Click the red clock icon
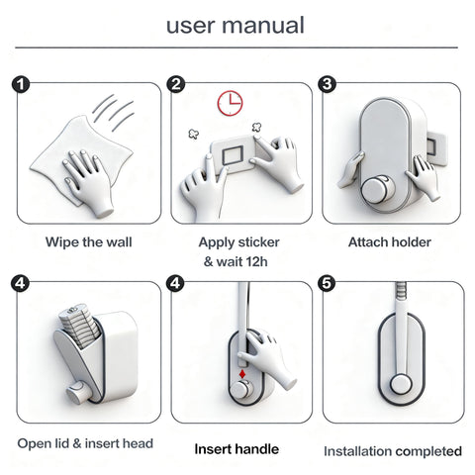[x=230, y=103]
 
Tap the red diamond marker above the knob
[x=242, y=374]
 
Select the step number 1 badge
[x=21, y=85]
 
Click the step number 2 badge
[x=176, y=84]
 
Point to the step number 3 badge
[x=327, y=84]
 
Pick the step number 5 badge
[x=327, y=283]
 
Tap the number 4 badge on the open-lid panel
[x=20, y=283]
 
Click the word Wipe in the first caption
[x=62, y=242]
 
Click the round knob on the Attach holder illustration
[x=378, y=189]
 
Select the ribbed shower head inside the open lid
[x=79, y=326]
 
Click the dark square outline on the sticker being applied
[x=233, y=155]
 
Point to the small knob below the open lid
[x=76, y=392]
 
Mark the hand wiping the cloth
[x=88, y=181]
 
